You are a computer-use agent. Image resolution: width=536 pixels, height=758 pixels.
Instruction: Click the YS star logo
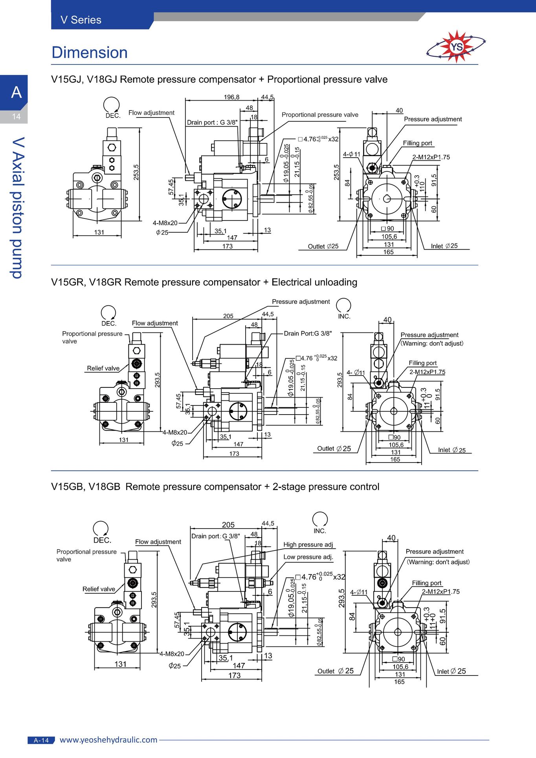click(x=456, y=47)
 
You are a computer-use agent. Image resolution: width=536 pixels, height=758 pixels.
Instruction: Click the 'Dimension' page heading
click(x=90, y=53)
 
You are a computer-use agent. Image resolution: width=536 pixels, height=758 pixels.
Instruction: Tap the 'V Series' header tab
click(x=81, y=20)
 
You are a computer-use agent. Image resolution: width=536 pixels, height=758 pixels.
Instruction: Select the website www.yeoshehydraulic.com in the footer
click(x=108, y=740)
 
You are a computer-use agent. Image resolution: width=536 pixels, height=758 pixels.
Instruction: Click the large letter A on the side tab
click(x=16, y=92)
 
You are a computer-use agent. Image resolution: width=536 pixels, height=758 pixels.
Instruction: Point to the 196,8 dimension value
click(x=231, y=97)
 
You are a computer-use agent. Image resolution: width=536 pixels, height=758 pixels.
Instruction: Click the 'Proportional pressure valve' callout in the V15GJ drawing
click(x=320, y=115)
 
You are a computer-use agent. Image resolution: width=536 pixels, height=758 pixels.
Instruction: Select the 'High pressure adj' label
click(x=308, y=545)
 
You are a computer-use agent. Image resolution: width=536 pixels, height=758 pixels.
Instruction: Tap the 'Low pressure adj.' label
click(x=308, y=557)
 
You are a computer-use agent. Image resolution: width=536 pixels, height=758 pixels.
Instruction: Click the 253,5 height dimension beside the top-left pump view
click(x=136, y=172)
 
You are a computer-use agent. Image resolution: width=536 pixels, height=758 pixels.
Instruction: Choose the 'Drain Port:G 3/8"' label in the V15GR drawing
click(x=308, y=334)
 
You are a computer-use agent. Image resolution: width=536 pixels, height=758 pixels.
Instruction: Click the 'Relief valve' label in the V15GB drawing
click(x=99, y=589)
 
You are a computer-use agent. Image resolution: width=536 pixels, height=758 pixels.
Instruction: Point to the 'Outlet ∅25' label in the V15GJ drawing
click(x=323, y=246)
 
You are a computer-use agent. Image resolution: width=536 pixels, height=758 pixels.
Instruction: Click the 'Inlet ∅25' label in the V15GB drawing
click(x=452, y=671)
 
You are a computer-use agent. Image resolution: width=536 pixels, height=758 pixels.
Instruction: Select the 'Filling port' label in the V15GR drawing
click(x=422, y=363)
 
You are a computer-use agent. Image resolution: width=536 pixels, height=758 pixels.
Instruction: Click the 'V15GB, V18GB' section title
click(x=86, y=487)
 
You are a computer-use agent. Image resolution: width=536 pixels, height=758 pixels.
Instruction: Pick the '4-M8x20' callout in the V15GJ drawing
click(x=165, y=223)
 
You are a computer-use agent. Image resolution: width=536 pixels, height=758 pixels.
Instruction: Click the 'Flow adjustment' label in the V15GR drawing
click(x=155, y=323)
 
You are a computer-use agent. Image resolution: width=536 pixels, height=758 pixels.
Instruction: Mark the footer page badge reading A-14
click(x=41, y=740)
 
